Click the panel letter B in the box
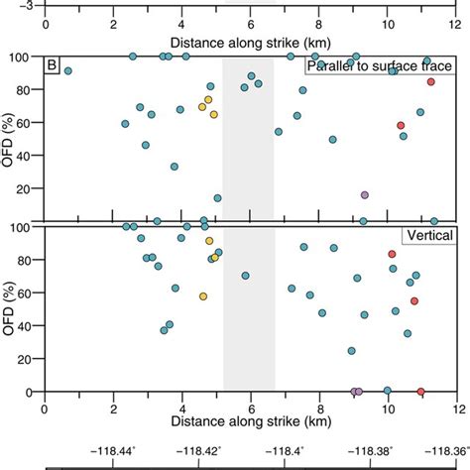[53, 66]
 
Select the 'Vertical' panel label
[428, 236]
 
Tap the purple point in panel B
[365, 195]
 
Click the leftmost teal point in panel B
[67, 71]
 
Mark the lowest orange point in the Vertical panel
[203, 296]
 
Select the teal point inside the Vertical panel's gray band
[245, 276]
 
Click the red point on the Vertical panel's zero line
[420, 392]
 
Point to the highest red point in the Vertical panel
[392, 255]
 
